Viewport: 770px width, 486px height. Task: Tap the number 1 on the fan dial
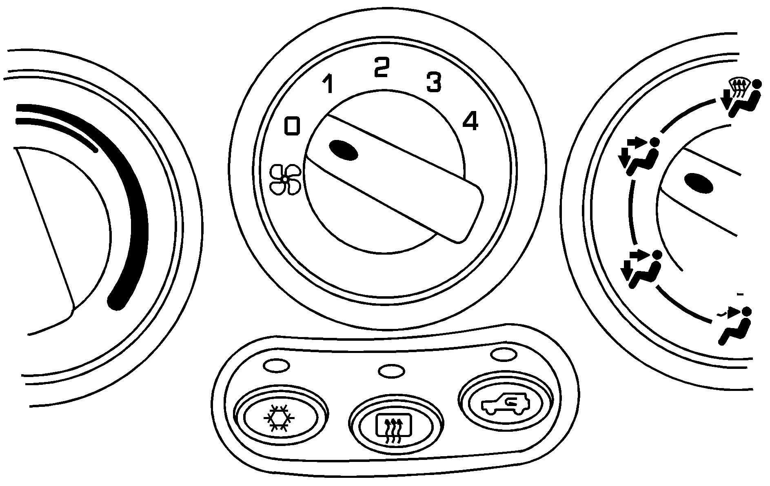[x=328, y=84]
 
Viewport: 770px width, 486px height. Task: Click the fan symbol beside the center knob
[x=285, y=179]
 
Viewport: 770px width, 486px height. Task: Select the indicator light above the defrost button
[x=392, y=371]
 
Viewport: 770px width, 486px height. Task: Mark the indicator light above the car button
[x=504, y=354]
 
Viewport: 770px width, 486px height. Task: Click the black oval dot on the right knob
[x=699, y=182]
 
